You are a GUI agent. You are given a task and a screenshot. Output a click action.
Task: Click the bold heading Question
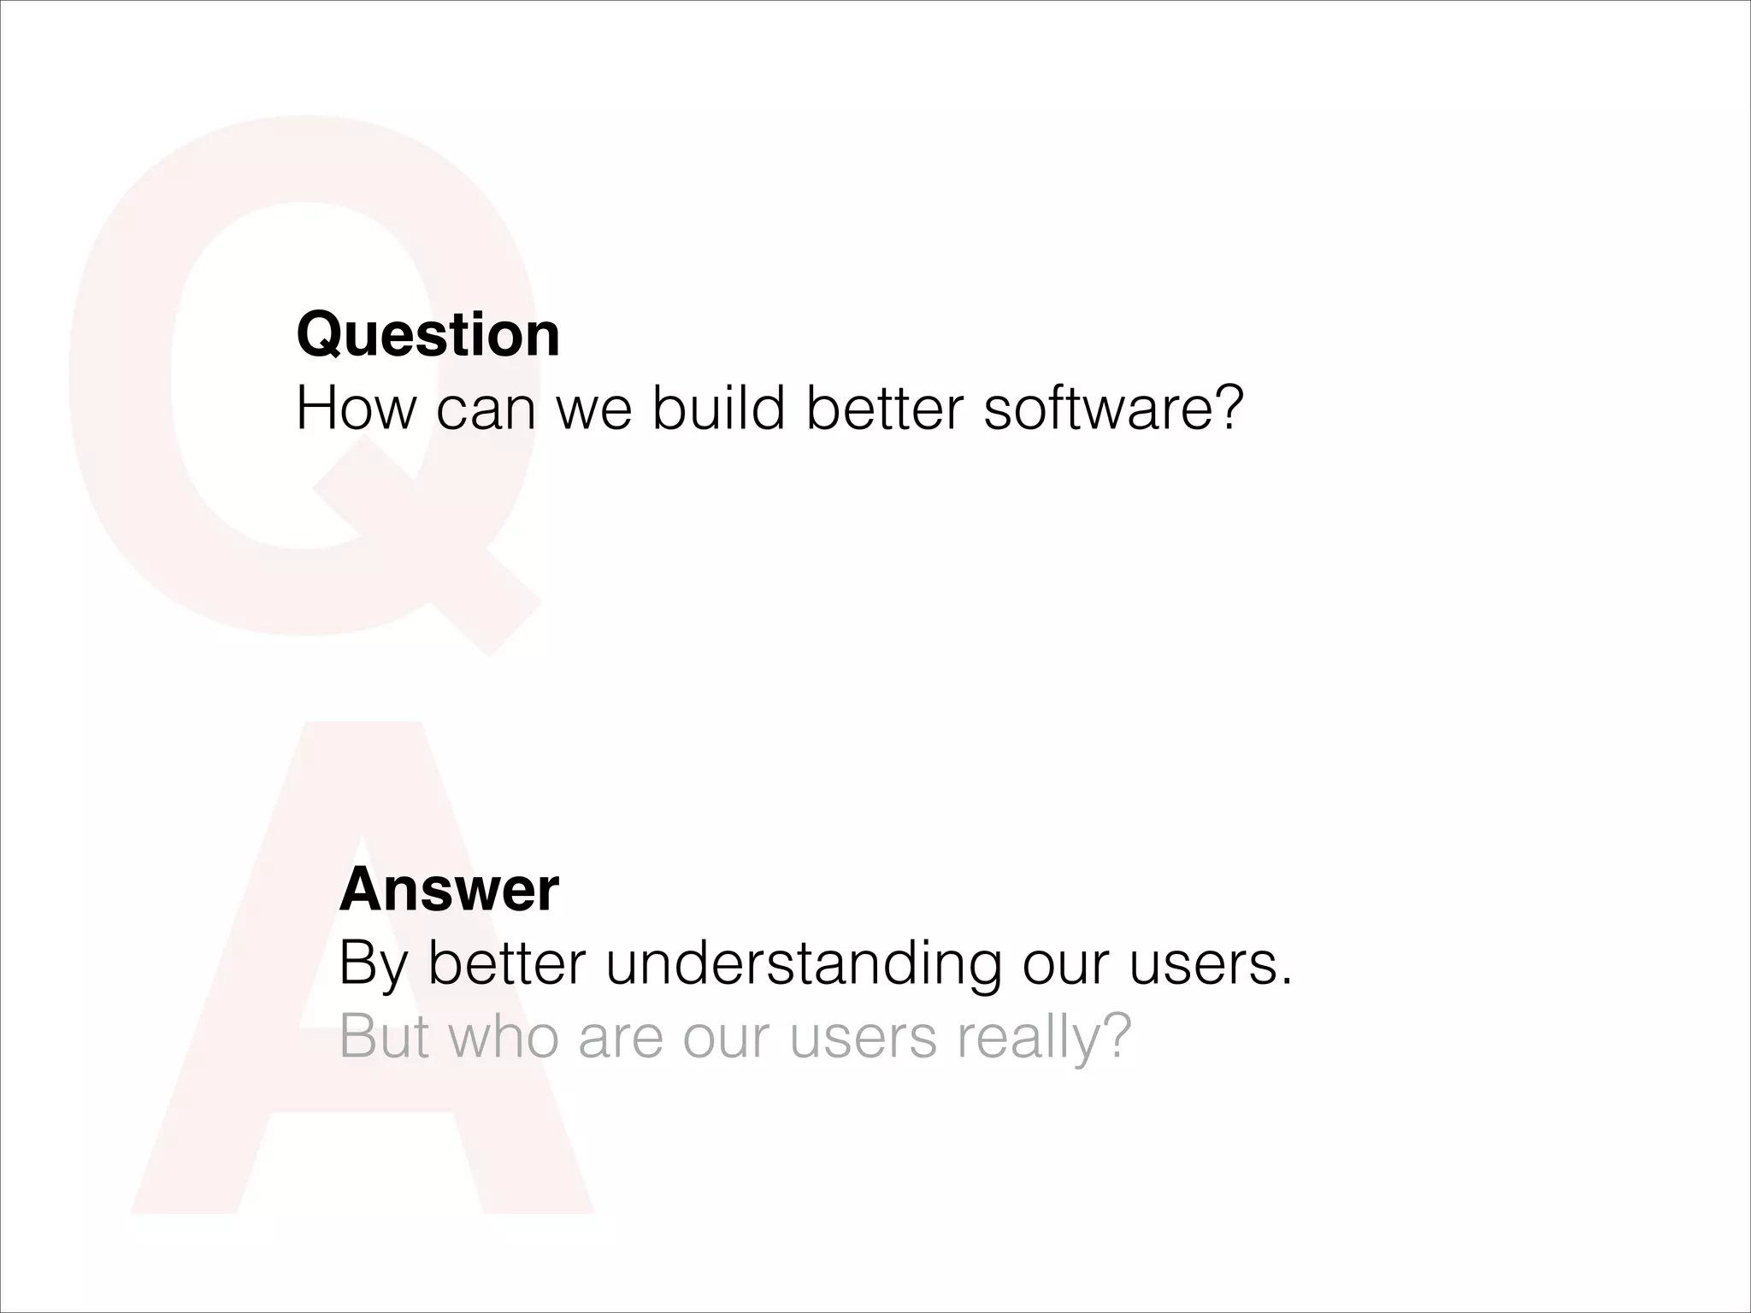click(427, 335)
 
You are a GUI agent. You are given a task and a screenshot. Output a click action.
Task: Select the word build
click(718, 409)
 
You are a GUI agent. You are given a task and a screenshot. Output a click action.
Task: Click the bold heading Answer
click(449, 890)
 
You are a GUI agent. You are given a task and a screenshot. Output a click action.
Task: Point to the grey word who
click(504, 1037)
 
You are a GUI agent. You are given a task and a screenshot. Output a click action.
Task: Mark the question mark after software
click(1223, 409)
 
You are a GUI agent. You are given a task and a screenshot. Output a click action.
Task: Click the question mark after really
click(1115, 1037)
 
